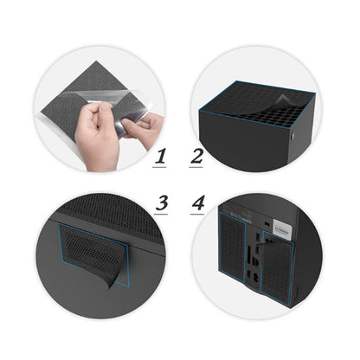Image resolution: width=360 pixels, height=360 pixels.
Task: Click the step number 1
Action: [159, 157]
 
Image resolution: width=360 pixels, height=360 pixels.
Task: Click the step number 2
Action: [196, 157]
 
